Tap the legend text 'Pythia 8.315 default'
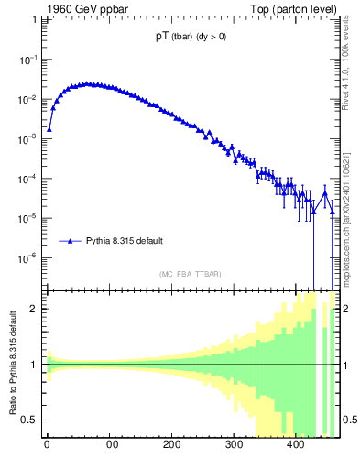tap(125, 242)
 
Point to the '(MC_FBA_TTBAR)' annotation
tap(190, 275)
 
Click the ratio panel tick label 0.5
tap(31, 420)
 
